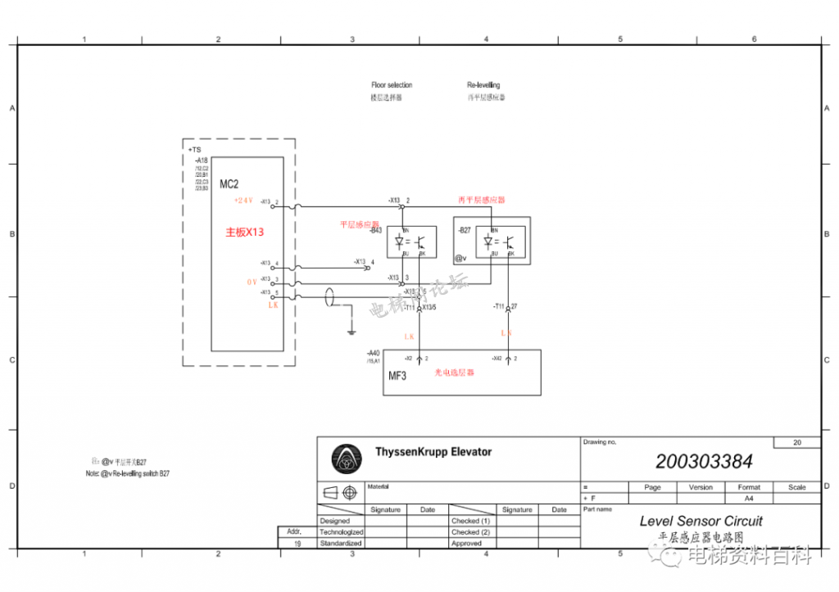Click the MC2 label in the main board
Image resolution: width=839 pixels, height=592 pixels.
(229, 183)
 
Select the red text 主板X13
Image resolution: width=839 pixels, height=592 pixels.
(244, 233)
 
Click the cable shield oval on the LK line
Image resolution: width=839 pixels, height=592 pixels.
(330, 296)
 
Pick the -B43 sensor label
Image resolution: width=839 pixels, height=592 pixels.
(376, 231)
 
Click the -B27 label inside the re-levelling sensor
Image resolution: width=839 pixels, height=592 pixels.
(465, 231)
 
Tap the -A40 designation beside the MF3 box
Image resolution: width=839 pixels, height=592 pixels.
(374, 354)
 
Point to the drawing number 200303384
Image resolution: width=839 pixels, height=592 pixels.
(704, 462)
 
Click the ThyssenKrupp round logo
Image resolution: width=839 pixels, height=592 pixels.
(346, 459)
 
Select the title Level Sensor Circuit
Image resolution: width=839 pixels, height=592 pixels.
(701, 521)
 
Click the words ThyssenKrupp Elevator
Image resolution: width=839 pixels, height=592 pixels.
(433, 452)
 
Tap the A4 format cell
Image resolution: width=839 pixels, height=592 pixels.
(748, 498)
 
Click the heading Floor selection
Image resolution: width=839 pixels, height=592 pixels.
(392, 85)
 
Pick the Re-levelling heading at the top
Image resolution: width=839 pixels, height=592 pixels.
(483, 85)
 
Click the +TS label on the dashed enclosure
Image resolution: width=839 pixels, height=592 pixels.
(194, 150)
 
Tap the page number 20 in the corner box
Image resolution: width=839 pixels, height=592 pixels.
(796, 442)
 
